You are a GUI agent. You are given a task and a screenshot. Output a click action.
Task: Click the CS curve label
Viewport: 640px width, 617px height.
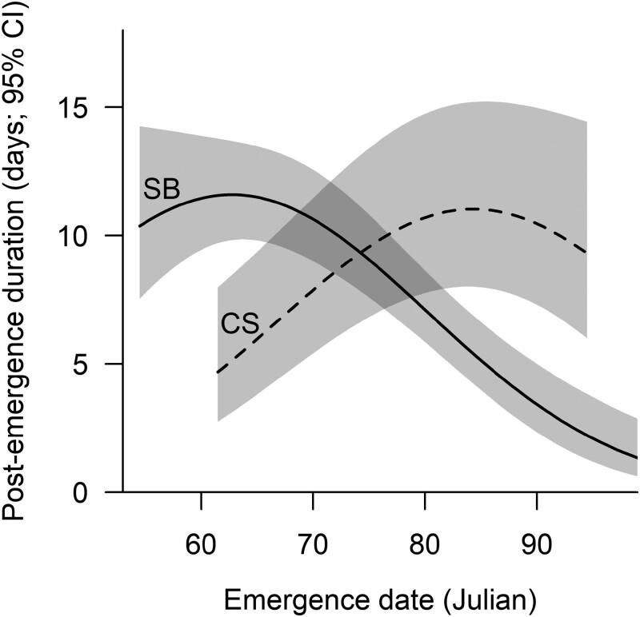(238, 324)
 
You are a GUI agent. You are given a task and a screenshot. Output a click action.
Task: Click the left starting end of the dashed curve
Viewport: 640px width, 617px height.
(218, 372)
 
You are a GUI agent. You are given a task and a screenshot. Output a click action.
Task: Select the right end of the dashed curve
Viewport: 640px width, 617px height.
(587, 253)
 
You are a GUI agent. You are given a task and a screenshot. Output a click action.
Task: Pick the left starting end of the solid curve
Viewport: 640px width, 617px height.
(139, 226)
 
